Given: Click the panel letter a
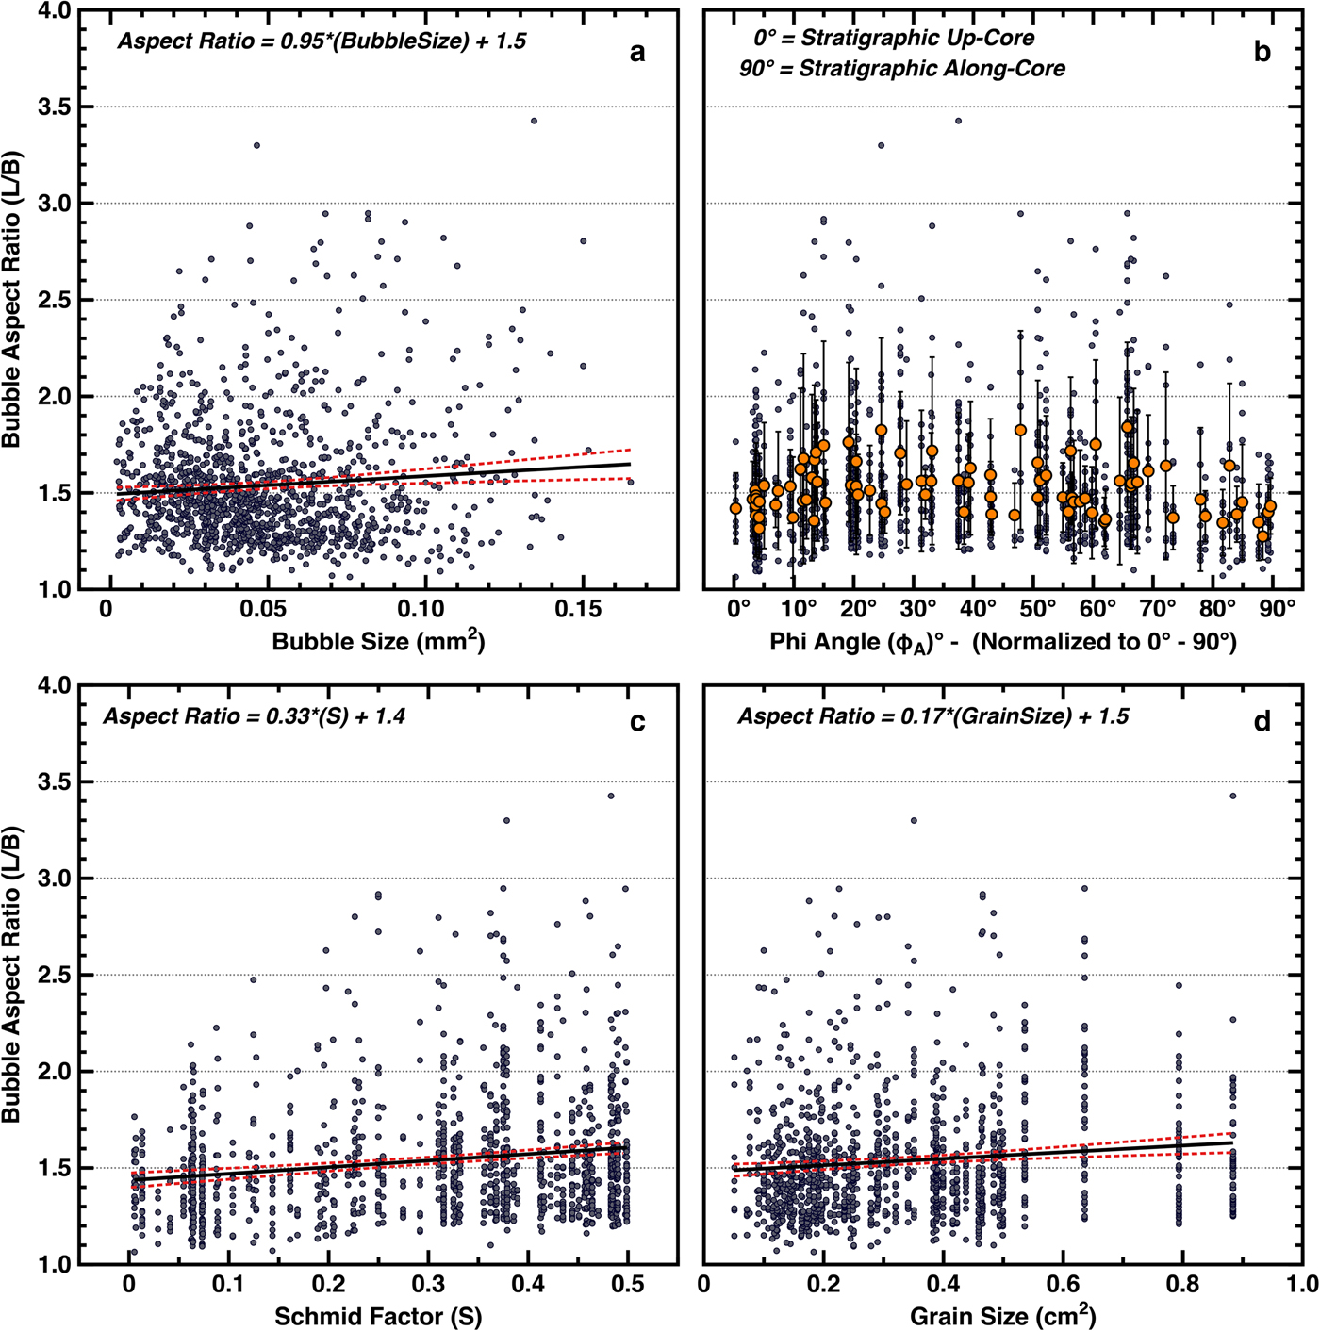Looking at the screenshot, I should pyautogui.click(x=637, y=53).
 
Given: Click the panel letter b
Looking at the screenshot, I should pyautogui.click(x=1262, y=53).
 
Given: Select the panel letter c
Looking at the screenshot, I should pyautogui.click(x=637, y=722).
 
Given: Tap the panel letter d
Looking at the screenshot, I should pyautogui.click(x=1262, y=722).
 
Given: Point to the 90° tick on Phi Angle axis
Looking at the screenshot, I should pyautogui.click(x=1278, y=609).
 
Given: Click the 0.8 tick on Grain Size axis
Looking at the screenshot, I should pyautogui.click(x=1182, y=1284).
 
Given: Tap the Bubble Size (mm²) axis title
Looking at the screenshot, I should pyautogui.click(x=378, y=641).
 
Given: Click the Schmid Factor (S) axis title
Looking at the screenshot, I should pyautogui.click(x=378, y=1316).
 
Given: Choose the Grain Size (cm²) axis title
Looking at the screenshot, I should pyautogui.click(x=1002, y=1316).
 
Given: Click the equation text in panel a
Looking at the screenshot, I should pyautogui.click(x=322, y=41).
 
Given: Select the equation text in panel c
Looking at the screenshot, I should pyautogui.click(x=254, y=716).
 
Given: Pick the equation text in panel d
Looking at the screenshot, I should pyautogui.click(x=932, y=716).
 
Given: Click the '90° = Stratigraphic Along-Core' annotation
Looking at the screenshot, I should pyautogui.click(x=902, y=69).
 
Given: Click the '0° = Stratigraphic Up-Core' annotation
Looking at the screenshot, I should pyautogui.click(x=894, y=39).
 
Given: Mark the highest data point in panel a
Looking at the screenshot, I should pyautogui.click(x=534, y=121).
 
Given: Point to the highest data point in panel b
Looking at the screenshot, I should pyautogui.click(x=958, y=121).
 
